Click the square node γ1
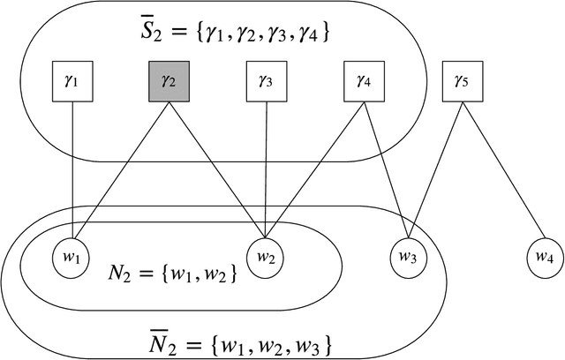[72, 84]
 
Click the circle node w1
[72, 258]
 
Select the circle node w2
[267, 258]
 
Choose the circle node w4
[543, 258]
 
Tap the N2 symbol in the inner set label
[132, 272]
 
